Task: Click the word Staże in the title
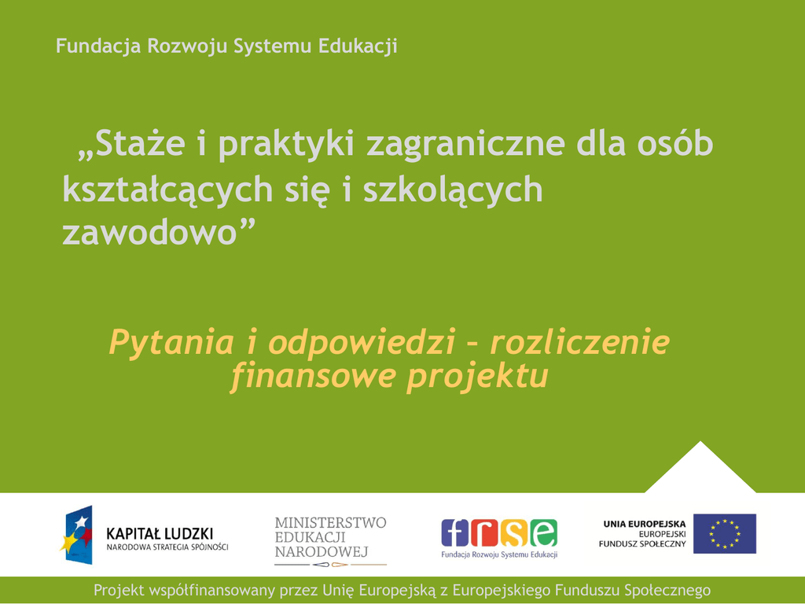140,144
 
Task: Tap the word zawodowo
149,233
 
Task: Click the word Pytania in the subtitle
171,343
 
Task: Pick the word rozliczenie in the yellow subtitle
580,342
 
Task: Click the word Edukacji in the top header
358,46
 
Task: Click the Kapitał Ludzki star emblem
77,535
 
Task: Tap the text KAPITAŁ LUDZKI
159,534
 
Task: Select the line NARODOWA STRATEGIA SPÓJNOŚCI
167,547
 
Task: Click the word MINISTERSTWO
330,523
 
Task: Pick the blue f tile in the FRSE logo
455,532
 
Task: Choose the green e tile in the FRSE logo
544,532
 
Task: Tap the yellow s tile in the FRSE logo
514,532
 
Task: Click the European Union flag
724,534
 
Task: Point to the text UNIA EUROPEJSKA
645,525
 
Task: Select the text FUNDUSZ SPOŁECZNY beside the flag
642,544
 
